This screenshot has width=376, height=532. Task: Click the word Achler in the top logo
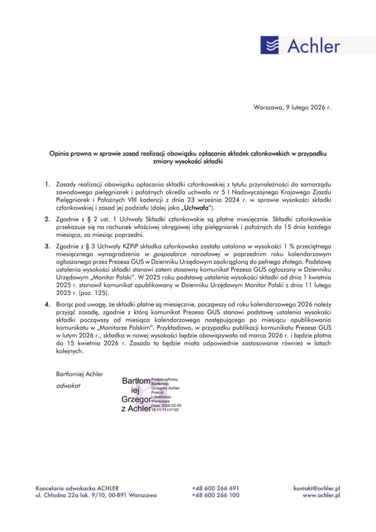click(313, 46)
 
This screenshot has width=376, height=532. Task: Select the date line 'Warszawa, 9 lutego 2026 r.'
click(292, 108)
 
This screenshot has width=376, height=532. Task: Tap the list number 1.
click(47, 184)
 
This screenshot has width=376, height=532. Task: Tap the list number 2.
click(47, 219)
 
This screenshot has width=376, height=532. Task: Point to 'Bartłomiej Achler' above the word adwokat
click(79, 374)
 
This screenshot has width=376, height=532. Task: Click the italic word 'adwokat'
click(68, 386)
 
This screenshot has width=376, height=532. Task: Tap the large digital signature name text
click(136, 395)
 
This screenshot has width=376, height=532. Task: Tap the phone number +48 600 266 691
click(215, 488)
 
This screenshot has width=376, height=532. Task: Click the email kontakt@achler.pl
click(316, 488)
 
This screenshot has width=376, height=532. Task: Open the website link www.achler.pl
click(321, 496)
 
